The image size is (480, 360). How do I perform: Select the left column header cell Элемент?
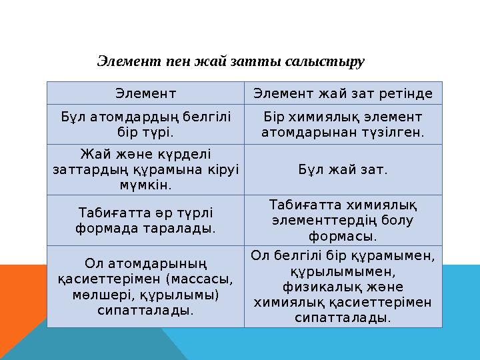[145, 93]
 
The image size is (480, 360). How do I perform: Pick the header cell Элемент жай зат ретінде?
[343, 93]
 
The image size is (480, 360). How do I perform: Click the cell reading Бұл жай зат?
[343, 169]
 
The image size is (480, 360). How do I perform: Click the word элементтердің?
[325, 220]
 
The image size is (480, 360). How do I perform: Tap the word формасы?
[343, 235]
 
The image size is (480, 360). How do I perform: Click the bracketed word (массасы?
[198, 279]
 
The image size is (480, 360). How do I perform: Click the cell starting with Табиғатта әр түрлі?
[145, 220]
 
